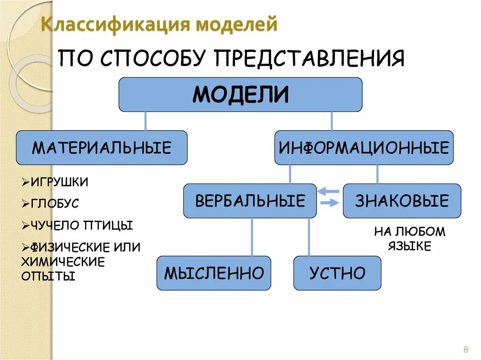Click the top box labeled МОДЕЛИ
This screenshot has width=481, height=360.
tap(240, 94)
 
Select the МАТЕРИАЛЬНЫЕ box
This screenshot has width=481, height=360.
tap(101, 148)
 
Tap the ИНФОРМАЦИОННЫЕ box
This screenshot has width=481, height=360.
tap(364, 148)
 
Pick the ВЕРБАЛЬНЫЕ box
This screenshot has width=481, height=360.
tap(250, 201)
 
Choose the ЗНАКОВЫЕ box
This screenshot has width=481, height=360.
tap(402, 201)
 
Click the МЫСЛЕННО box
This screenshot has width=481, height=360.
tap(214, 273)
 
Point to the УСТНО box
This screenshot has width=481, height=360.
tap(337, 273)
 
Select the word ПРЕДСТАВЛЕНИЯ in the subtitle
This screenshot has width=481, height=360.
tap(310, 60)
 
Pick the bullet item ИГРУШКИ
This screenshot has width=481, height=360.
tap(59, 182)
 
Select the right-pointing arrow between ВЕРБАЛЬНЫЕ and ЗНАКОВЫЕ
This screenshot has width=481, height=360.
tap(330, 203)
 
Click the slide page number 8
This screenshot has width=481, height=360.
tap(465, 349)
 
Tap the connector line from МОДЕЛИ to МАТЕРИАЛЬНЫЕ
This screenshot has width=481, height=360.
tap(145, 121)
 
